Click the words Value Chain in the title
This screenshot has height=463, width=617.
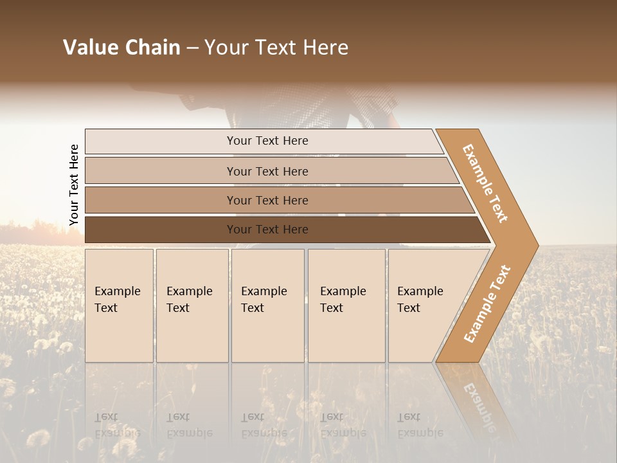click(x=121, y=48)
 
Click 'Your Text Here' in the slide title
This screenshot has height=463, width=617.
click(x=276, y=48)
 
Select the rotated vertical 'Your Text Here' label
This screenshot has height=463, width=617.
click(x=74, y=185)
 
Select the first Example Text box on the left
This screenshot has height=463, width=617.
click(x=119, y=305)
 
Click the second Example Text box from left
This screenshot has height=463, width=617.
click(x=192, y=305)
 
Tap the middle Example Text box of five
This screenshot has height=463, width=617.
click(x=267, y=305)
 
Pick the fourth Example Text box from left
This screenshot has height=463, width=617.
click(x=346, y=305)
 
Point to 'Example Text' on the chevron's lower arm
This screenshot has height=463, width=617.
click(x=487, y=304)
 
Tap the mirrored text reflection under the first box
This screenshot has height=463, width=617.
click(x=117, y=425)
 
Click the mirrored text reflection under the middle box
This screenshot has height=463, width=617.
click(x=264, y=425)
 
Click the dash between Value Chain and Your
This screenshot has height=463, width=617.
click(x=192, y=48)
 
